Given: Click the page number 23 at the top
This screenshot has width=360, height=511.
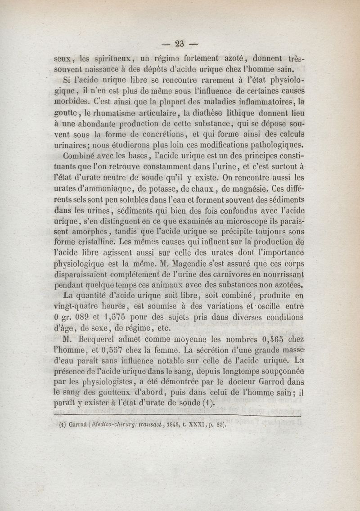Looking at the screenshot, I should pos(180,44).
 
